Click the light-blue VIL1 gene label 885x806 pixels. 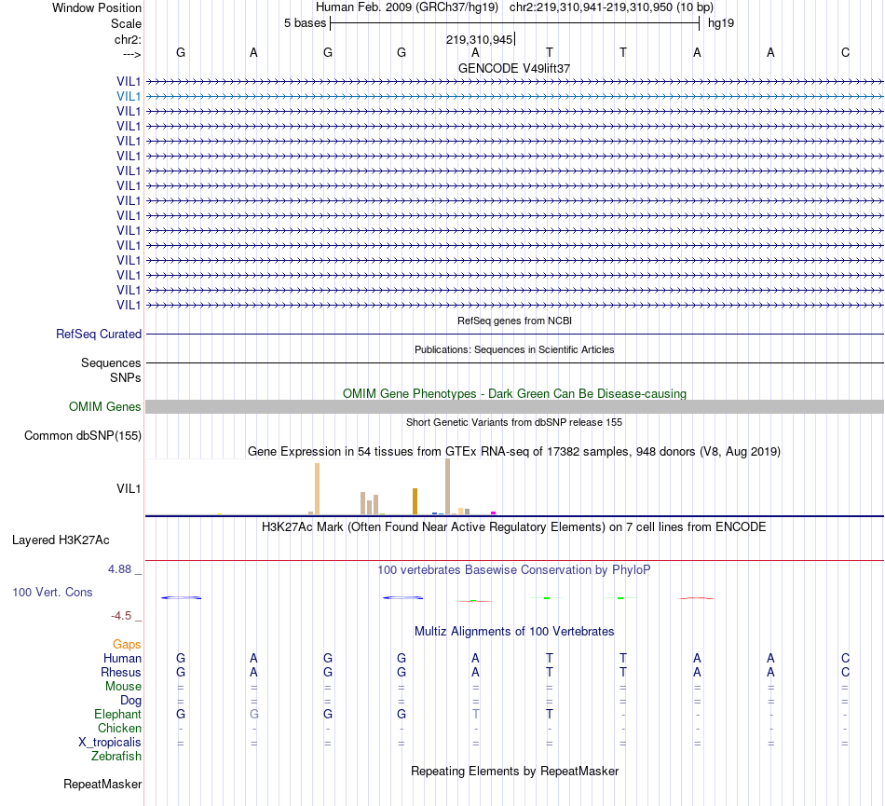(x=129, y=96)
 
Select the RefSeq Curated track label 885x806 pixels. (x=99, y=334)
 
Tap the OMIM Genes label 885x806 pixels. (x=105, y=406)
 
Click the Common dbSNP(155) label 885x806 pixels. (x=83, y=435)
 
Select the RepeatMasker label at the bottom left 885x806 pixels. (x=102, y=785)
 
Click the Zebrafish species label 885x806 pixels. (x=116, y=757)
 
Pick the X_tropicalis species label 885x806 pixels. (x=110, y=743)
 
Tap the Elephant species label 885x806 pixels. (x=116, y=714)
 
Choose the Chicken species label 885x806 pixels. (x=119, y=729)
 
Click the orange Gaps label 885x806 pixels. (x=127, y=644)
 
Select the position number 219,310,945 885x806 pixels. (x=479, y=40)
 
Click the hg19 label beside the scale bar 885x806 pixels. (x=721, y=22)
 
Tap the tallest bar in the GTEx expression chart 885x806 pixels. (x=447, y=485)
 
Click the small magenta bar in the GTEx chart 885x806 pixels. (x=493, y=512)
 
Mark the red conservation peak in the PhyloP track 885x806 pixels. (x=696, y=598)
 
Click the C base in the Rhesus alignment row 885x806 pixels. (x=845, y=672)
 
